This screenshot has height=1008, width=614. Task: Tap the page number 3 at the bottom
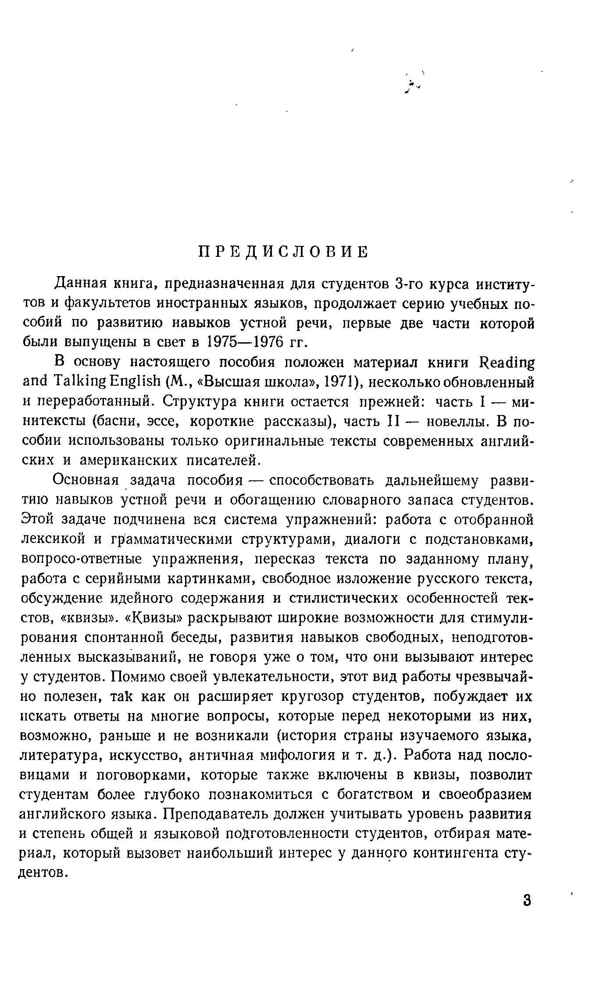coord(527,901)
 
